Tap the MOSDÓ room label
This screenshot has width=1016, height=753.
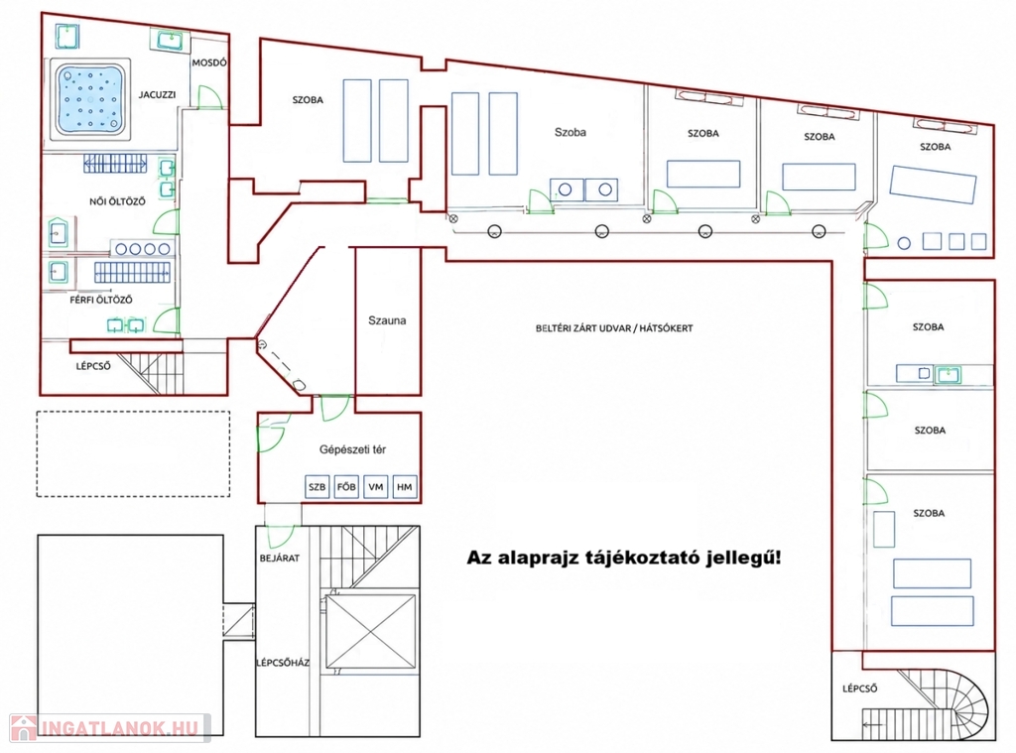click(x=209, y=63)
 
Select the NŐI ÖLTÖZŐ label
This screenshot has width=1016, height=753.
click(x=117, y=200)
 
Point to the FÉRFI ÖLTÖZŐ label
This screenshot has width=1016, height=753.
click(x=101, y=300)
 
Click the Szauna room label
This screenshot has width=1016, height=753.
click(x=387, y=320)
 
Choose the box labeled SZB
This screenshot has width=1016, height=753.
click(x=317, y=487)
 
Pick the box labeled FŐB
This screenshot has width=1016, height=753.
click(x=346, y=487)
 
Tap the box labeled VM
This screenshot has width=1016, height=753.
click(x=376, y=487)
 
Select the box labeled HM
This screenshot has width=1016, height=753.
click(x=405, y=487)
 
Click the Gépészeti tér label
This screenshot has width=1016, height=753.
click(x=352, y=449)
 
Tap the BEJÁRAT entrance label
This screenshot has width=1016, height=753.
click(x=279, y=558)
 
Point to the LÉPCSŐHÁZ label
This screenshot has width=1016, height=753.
click(x=283, y=663)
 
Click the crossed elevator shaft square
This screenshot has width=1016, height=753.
click(x=371, y=632)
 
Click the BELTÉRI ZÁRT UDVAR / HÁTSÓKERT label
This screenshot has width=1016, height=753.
click(x=614, y=328)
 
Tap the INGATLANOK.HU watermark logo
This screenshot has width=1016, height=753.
click(x=107, y=728)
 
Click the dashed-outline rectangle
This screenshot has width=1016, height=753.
click(x=134, y=453)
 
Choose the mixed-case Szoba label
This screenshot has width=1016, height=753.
click(x=571, y=132)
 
